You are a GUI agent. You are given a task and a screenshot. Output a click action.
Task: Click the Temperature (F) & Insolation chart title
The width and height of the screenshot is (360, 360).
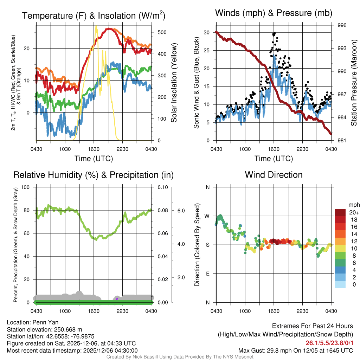pyautogui.click(x=94, y=15)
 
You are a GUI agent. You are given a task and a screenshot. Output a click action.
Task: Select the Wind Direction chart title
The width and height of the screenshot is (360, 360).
pyautogui.click(x=274, y=175)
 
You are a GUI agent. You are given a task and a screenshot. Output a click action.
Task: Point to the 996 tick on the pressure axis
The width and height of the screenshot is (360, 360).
pyautogui.click(x=342, y=25)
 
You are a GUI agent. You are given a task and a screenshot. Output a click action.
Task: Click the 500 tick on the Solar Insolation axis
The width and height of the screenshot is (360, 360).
pyautogui.click(x=162, y=32)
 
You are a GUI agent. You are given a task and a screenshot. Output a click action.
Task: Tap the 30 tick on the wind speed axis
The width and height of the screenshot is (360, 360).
pyautogui.click(x=207, y=32)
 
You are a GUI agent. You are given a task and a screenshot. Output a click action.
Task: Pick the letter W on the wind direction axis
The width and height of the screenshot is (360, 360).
pyautogui.click(x=207, y=216)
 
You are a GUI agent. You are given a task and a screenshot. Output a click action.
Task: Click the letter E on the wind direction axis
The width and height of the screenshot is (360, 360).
pyautogui.click(x=207, y=274)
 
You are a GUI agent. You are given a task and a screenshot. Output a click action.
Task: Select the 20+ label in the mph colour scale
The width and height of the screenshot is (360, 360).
pyautogui.click(x=354, y=212)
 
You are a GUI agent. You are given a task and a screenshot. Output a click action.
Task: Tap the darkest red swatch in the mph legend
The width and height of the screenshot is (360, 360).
pyautogui.click(x=341, y=212)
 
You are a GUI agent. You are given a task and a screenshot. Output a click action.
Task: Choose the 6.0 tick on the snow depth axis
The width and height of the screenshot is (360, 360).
pyautogui.click(x=180, y=211)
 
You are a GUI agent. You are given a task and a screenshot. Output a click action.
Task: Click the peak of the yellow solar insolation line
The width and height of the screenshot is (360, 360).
pyautogui.click(x=96, y=26)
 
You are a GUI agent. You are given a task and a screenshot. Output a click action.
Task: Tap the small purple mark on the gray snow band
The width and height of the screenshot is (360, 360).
pyautogui.click(x=117, y=298)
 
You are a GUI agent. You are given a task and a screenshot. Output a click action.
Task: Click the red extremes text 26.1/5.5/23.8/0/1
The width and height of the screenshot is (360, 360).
pyautogui.click(x=329, y=343)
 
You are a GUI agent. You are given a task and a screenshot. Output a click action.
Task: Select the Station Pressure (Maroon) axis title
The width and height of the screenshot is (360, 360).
pyautogui.click(x=354, y=83)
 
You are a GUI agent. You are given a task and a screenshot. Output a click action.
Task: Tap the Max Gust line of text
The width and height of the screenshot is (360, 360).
pyautogui.click(x=296, y=350)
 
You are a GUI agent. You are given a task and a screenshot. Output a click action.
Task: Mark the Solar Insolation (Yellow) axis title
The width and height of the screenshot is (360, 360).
pyautogui.click(x=174, y=83)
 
